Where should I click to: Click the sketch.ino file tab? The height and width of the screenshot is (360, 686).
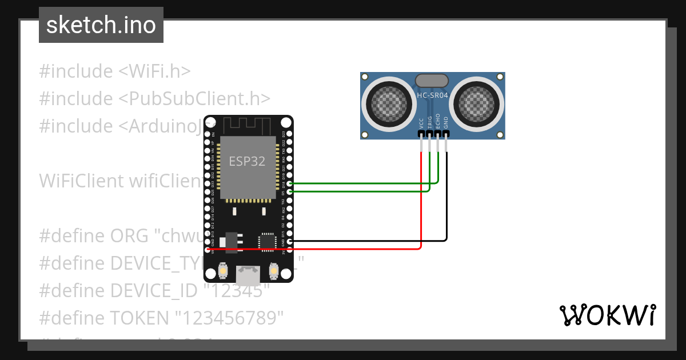coord(101,25)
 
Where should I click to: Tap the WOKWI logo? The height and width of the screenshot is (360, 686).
coord(607,315)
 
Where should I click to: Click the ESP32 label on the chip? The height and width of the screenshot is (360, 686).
coord(247,161)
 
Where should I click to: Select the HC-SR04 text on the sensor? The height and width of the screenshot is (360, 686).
coord(432,96)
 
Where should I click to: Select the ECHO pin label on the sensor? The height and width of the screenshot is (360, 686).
coord(438,121)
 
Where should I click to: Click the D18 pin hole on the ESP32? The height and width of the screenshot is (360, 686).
coord(290,184)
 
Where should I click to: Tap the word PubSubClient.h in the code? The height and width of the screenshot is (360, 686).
coord(194,98)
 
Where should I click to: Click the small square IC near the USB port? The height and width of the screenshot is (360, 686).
coord(267,241)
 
